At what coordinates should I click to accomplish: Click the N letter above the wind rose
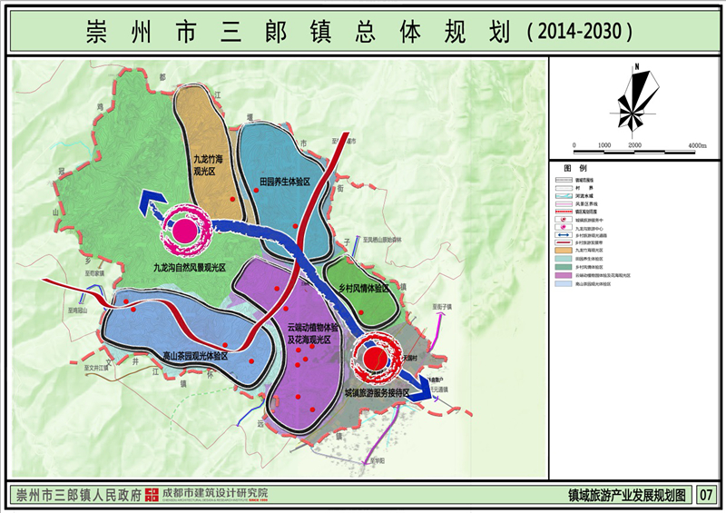pyautogui.click(x=639, y=66)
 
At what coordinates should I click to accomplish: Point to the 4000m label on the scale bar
pyautogui.click(x=696, y=146)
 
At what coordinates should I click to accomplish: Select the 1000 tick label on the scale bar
pyautogui.click(x=605, y=146)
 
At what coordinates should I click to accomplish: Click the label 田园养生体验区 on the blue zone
pyautogui.click(x=285, y=183)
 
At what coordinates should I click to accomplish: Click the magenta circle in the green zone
pyautogui.click(x=185, y=229)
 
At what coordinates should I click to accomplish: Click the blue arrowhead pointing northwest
pyautogui.click(x=148, y=203)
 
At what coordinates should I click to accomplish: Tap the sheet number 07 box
pyautogui.click(x=707, y=496)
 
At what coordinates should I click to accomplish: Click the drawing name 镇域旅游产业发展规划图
pyautogui.click(x=626, y=496)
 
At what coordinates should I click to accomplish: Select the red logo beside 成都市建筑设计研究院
pyautogui.click(x=152, y=495)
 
